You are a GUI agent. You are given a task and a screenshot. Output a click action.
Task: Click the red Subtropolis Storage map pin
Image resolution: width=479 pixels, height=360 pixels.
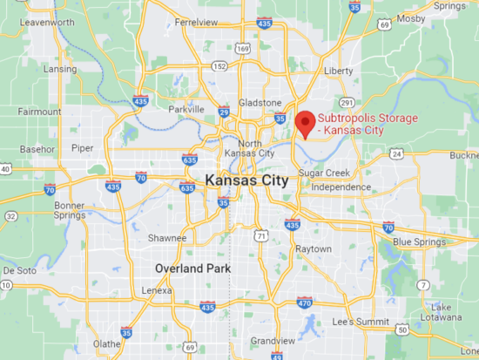tap(304, 123)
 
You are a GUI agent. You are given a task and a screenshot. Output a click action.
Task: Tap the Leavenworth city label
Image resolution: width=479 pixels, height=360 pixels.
tap(47, 20)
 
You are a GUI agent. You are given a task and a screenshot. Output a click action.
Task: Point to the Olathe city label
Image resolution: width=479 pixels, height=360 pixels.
tap(107, 343)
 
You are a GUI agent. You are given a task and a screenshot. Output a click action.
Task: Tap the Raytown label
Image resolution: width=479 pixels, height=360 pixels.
tap(314, 248)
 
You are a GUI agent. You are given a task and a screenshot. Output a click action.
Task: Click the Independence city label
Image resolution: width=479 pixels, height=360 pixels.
tap(341, 187)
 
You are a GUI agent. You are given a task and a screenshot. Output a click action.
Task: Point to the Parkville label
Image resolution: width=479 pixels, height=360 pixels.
tap(186, 109)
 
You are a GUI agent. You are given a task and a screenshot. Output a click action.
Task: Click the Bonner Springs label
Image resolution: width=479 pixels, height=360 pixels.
tap(69, 211)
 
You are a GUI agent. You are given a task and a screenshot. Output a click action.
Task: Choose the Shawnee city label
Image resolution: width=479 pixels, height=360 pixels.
tap(167, 238)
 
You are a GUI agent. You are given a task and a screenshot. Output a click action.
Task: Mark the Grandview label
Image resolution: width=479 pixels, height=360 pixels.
tap(273, 340)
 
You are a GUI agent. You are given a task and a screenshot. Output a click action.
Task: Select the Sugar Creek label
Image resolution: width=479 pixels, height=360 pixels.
tap(324, 173)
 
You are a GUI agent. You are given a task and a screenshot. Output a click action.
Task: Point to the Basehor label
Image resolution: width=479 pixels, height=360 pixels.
tap(37, 149)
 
